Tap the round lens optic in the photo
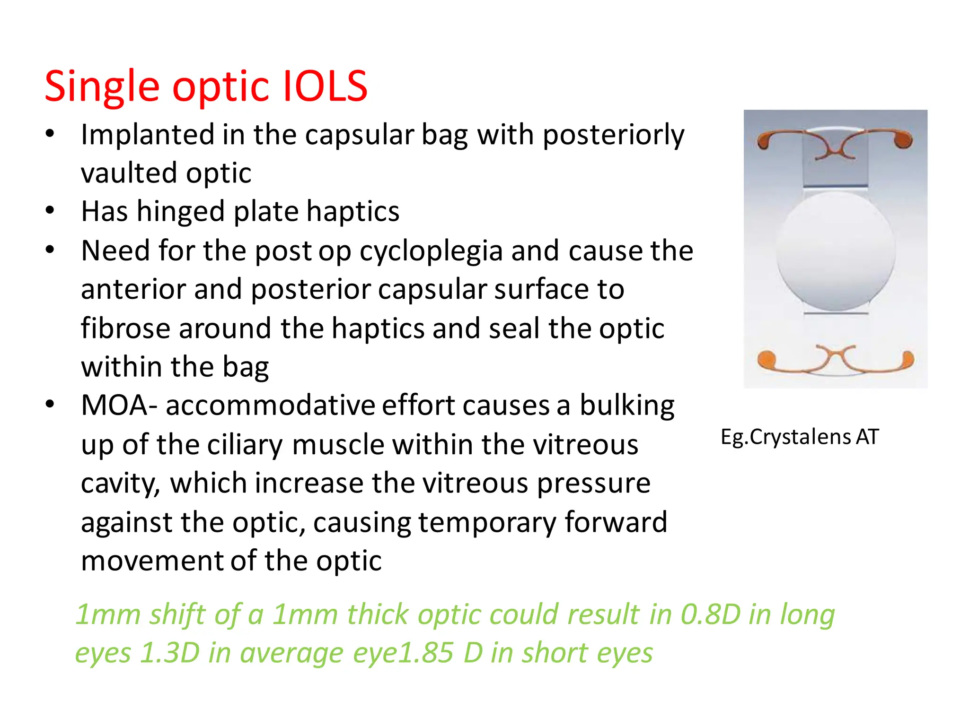[x=836, y=251]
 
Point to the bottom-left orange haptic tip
[x=766, y=360]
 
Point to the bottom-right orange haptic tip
[x=907, y=359]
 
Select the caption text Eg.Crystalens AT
[x=800, y=437]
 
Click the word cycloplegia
[x=431, y=251]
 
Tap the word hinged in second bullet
[x=181, y=211]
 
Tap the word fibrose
[x=125, y=328]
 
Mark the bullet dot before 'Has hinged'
[x=50, y=210]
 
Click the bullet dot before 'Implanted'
[x=50, y=134]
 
